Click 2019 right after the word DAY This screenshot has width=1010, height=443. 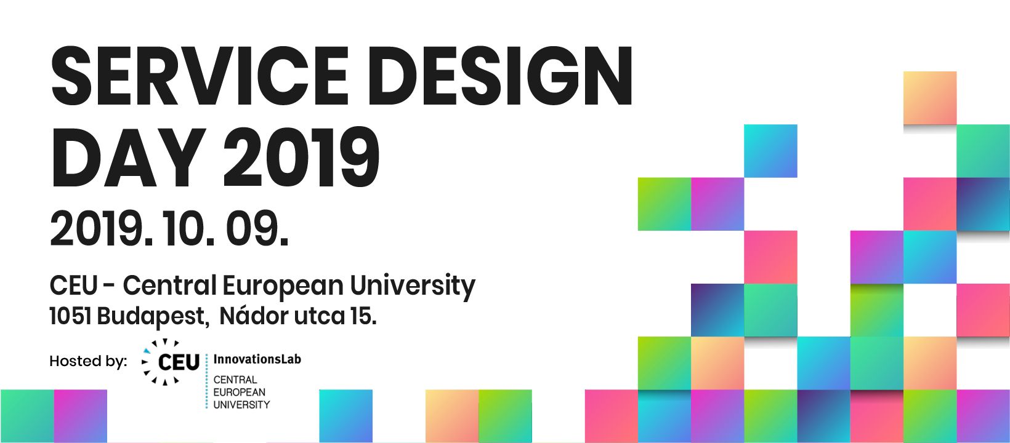[302, 158]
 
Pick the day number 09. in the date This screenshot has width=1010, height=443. [257, 228]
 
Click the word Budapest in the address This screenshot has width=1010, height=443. [153, 316]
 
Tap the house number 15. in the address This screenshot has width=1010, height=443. [363, 316]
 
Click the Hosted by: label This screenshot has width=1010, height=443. [89, 361]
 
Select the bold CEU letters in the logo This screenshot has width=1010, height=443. [179, 362]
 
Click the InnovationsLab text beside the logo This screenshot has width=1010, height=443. [257, 359]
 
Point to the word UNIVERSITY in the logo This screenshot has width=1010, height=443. [241, 405]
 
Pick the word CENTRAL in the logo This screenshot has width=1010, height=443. [235, 380]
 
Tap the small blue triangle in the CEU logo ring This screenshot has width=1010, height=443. [147, 351]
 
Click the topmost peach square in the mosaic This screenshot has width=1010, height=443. [930, 98]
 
